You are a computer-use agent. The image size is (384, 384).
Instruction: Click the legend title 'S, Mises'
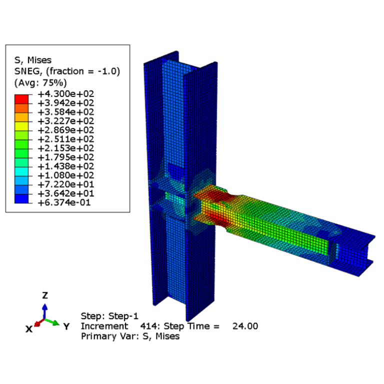(32, 60)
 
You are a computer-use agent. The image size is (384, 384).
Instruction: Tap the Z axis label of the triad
(44, 295)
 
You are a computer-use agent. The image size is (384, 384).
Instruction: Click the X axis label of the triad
(29, 328)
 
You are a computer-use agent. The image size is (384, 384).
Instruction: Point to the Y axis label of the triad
(65, 326)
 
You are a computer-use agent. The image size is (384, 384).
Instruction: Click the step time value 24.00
(245, 326)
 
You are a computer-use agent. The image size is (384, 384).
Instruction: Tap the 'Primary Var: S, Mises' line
(130, 336)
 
